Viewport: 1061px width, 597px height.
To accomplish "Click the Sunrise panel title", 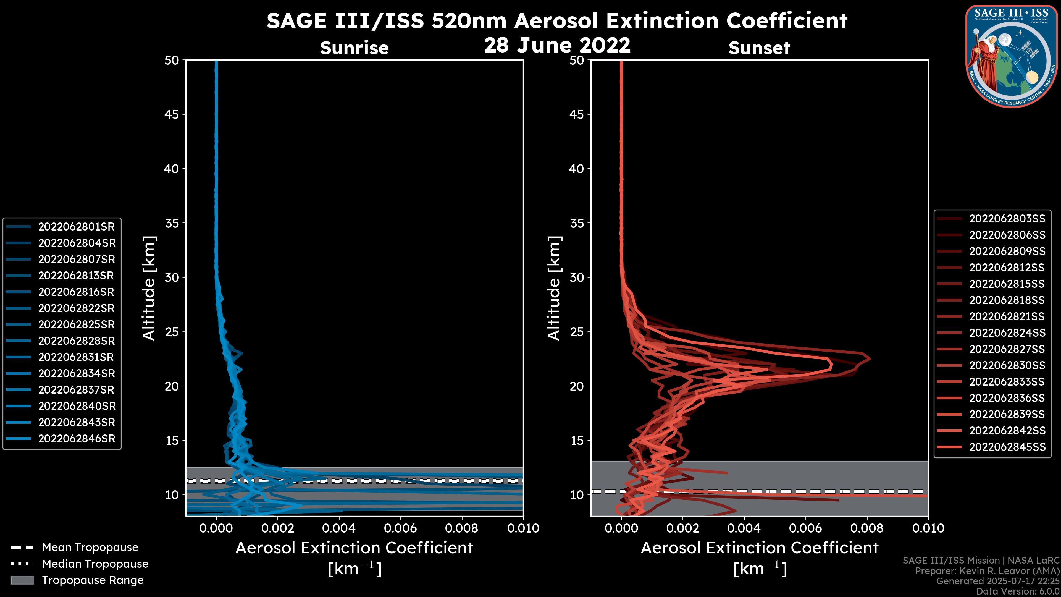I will coord(354,48).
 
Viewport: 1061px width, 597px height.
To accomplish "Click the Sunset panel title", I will coord(759,48).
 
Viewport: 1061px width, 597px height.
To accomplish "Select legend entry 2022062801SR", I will coord(76,227).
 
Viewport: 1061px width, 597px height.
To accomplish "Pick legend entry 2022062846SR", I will coord(77,439).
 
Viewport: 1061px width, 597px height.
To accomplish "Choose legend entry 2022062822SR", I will coord(76,308).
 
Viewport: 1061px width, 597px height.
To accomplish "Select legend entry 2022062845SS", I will coord(1007,447).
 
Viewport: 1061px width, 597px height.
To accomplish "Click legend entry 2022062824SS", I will coord(1007,333).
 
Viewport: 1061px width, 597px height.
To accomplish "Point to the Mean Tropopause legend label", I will coord(90,547).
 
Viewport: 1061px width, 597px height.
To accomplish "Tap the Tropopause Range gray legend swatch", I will coord(22,580).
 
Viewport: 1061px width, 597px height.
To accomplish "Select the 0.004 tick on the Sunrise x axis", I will coord(339,528).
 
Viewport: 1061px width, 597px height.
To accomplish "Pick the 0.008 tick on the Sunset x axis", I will coord(867,528).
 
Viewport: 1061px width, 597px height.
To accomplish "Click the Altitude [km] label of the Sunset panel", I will coord(554,288).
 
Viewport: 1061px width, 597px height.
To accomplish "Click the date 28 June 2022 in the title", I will coord(557,45).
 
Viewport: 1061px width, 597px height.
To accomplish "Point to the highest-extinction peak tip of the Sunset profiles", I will coord(870,358).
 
